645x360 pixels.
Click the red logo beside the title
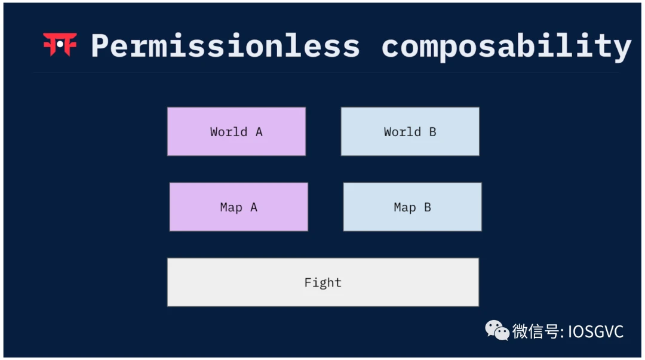(60, 44)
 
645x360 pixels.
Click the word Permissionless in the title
(225, 46)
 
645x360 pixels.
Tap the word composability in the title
(506, 47)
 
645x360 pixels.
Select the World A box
(236, 132)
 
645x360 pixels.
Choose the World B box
(410, 132)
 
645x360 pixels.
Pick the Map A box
(238, 207)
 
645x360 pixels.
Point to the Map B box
(412, 207)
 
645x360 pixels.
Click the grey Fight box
(323, 282)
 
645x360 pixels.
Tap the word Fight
(323, 282)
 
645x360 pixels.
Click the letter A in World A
(259, 132)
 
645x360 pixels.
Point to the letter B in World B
(432, 132)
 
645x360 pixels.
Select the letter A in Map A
(254, 207)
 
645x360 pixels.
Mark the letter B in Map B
(428, 207)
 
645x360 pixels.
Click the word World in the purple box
(229, 132)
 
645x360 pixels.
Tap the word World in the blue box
(403, 132)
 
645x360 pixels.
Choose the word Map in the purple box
(231, 207)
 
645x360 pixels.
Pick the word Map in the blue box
(405, 207)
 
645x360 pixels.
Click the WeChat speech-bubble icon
(497, 330)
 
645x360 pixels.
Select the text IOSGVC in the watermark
(595, 331)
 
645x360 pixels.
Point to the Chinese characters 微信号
(536, 331)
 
